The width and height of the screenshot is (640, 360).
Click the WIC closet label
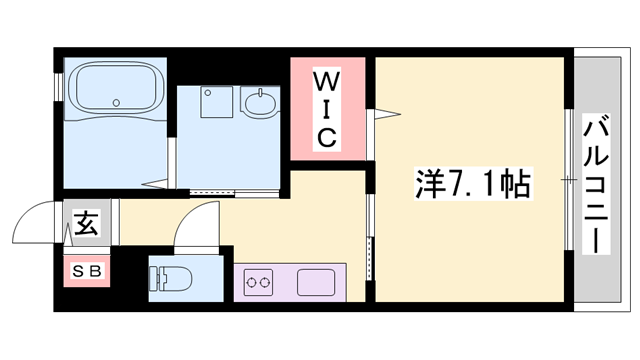[327, 108]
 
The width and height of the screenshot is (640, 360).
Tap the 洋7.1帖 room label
[471, 183]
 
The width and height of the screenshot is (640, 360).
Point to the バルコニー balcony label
[599, 184]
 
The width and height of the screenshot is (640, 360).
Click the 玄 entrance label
[85, 225]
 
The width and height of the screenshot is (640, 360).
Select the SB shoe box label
[85, 269]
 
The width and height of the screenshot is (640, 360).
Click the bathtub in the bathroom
[115, 89]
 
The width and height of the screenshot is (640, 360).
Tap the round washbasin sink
[260, 103]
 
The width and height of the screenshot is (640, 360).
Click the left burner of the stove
[251, 283]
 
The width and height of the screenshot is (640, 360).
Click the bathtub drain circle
[115, 101]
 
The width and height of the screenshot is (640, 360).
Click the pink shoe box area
[85, 270]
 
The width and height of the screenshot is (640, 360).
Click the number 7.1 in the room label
[471, 184]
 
